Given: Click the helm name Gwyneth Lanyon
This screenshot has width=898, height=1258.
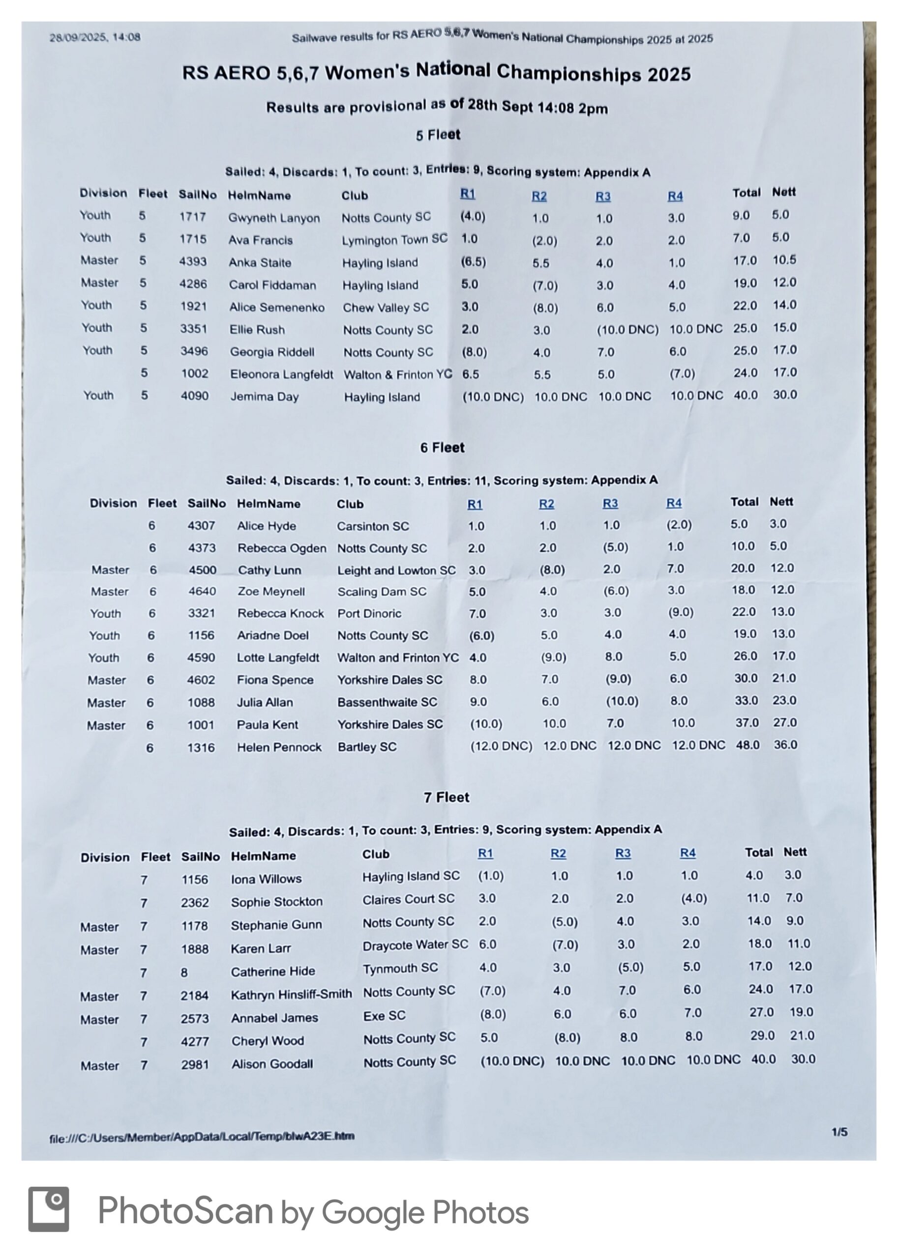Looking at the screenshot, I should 274,218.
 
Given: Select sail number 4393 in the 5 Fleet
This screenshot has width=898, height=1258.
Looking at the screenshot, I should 192,261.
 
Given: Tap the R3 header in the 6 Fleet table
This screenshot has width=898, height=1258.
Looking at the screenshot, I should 610,503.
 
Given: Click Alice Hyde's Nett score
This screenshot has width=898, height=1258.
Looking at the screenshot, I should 778,524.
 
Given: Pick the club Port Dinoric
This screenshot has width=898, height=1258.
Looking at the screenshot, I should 369,613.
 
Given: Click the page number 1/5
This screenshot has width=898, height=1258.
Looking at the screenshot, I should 839,1133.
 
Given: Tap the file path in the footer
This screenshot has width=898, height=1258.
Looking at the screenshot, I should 202,1137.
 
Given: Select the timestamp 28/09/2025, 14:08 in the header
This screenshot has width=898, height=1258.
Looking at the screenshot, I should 94,37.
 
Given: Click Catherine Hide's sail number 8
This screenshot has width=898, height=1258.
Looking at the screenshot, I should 184,972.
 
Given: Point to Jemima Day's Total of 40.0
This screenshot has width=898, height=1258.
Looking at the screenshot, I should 745,396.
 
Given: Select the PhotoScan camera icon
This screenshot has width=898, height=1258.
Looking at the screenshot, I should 49,1209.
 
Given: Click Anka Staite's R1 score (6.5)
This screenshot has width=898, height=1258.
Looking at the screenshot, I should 473,262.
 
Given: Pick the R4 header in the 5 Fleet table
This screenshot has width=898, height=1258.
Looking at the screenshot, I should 675,196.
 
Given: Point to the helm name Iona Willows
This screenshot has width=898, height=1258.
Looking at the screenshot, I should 266,879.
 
